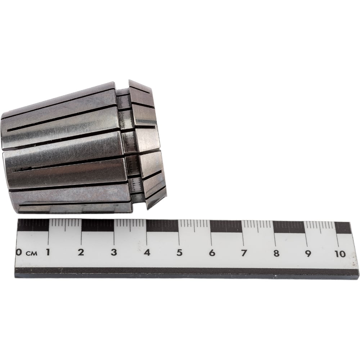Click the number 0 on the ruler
tap(19, 253)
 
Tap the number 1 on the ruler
tap(48, 252)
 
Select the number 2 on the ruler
tap(81, 252)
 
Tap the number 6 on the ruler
tap(212, 253)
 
